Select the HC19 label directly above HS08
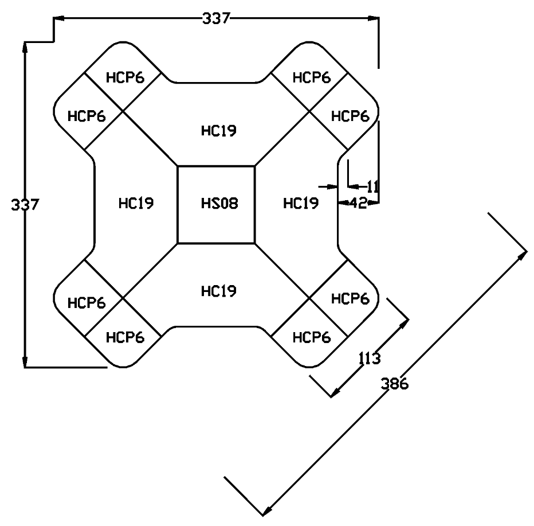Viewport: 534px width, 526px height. [218, 131]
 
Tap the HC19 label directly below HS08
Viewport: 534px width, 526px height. [218, 291]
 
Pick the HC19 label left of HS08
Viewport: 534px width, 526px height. [136, 203]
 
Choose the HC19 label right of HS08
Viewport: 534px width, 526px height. [301, 203]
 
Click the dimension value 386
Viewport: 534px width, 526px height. [395, 384]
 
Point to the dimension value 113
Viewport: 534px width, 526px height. [370, 359]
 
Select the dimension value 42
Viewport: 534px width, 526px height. [358, 202]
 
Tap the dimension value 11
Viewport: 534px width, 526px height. [372, 186]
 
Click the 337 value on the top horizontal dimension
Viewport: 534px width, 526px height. [216, 19]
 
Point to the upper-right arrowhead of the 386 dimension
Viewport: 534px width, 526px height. [524, 251]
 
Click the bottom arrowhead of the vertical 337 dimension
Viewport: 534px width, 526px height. [25, 363]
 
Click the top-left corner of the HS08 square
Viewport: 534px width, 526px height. [178, 166]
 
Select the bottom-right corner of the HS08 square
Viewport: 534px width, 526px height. [255, 243]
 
